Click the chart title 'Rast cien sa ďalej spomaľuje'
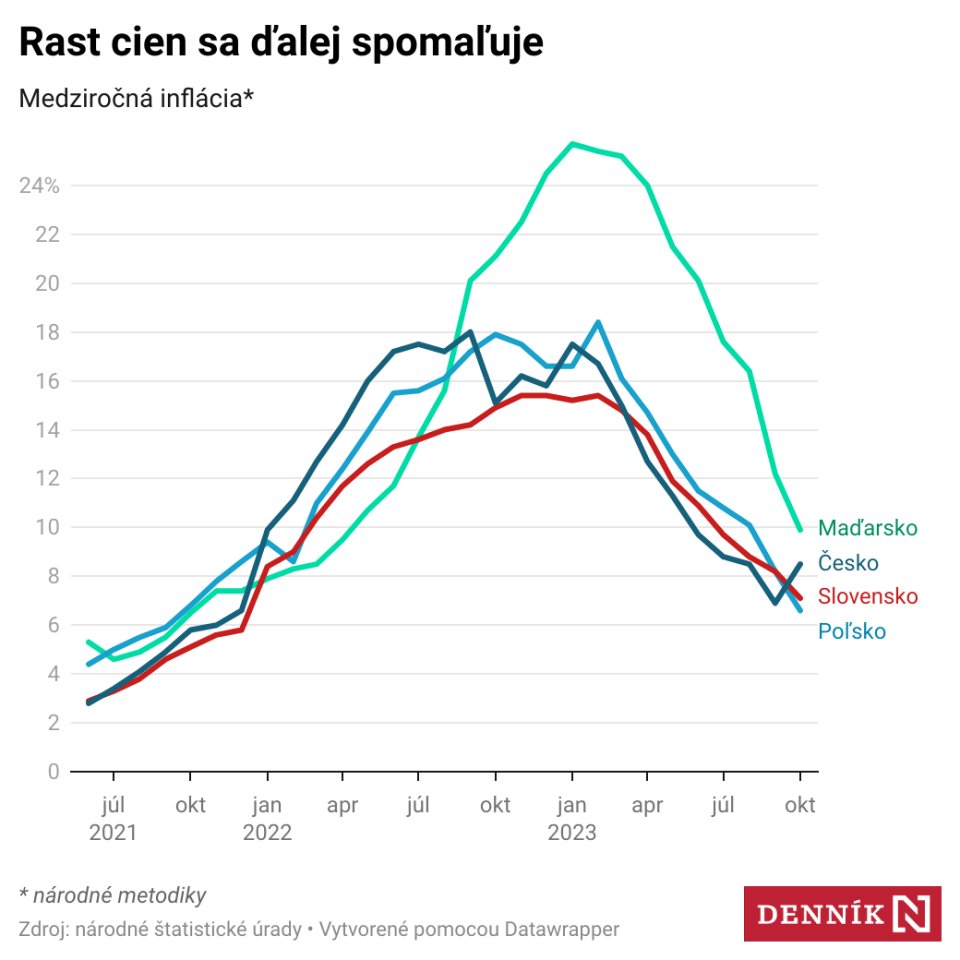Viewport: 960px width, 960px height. pyautogui.click(x=281, y=43)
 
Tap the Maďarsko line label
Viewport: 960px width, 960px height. pyautogui.click(x=867, y=528)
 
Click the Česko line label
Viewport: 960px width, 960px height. pyautogui.click(x=848, y=562)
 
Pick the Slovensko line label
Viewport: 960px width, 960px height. pyautogui.click(x=867, y=596)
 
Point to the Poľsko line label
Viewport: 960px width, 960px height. pyautogui.click(x=851, y=631)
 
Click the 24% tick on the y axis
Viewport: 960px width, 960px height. pyautogui.click(x=39, y=186)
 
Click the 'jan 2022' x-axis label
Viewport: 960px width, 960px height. pyautogui.click(x=266, y=819)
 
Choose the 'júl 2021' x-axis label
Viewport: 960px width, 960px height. pyautogui.click(x=113, y=819)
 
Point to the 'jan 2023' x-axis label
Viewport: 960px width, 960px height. pyautogui.click(x=572, y=819)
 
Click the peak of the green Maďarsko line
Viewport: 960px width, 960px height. pyautogui.click(x=572, y=144)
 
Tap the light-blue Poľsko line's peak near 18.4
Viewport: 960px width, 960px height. pyautogui.click(x=598, y=322)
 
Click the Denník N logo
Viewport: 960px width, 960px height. pyautogui.click(x=842, y=913)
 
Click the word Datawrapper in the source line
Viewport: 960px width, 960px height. pyautogui.click(x=562, y=929)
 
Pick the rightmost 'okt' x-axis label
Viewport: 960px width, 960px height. pyautogui.click(x=800, y=806)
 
